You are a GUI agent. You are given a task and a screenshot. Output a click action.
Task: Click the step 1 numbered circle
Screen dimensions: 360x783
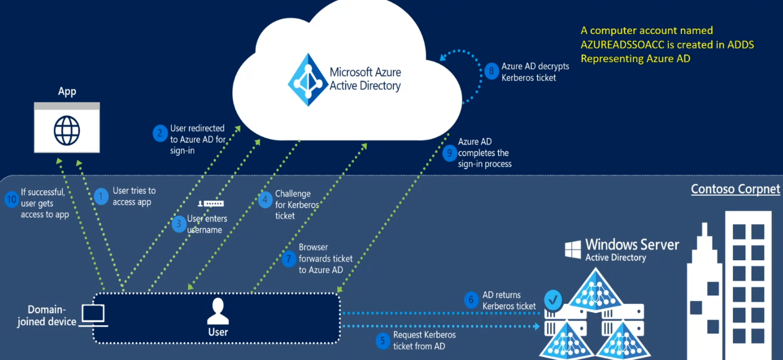click(x=101, y=196)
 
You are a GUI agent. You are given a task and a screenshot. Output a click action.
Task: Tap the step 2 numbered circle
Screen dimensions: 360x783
click(x=160, y=133)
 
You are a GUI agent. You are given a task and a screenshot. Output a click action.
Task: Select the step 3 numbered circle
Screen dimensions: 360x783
click(x=179, y=224)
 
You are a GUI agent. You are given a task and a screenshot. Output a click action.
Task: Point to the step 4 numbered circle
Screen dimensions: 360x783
click(x=265, y=200)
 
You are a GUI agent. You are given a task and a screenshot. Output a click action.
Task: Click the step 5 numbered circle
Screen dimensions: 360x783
click(x=383, y=340)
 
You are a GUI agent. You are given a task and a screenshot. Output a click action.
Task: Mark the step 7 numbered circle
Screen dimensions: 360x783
click(x=289, y=259)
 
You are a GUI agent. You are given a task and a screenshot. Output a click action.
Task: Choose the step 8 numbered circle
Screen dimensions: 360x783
click(x=491, y=71)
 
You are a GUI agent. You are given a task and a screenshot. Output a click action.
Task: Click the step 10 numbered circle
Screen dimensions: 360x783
click(x=11, y=198)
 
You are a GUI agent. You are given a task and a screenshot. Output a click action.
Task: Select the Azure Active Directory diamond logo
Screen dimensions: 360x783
click(x=306, y=80)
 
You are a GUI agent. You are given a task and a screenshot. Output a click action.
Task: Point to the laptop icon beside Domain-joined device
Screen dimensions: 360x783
click(x=94, y=315)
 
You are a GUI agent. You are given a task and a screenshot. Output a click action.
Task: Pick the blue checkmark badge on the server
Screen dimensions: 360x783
click(x=553, y=301)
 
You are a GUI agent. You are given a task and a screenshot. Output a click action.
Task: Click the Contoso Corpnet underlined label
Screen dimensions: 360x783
click(x=735, y=189)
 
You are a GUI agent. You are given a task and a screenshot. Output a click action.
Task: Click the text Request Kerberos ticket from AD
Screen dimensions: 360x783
click(x=424, y=340)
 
